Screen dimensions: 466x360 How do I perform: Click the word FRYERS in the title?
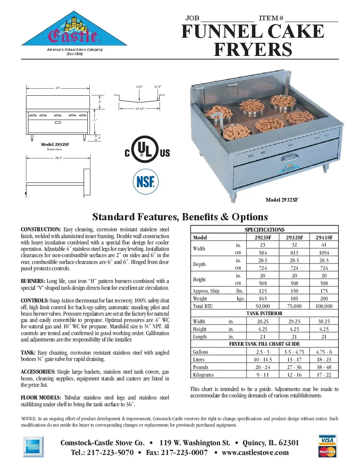(x=253, y=50)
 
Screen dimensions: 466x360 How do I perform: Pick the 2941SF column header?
(x=324, y=238)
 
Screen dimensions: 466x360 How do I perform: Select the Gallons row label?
(x=200, y=352)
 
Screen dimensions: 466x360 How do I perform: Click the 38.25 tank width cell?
(x=324, y=322)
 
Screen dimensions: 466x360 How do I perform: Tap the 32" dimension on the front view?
(x=58, y=88)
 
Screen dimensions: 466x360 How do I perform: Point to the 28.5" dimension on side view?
(x=58, y=158)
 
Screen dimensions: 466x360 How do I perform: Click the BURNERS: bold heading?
(x=33, y=281)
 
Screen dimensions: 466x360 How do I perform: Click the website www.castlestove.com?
(x=255, y=452)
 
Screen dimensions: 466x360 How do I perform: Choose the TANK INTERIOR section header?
(x=265, y=313)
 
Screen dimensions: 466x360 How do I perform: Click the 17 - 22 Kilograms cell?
(x=324, y=375)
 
